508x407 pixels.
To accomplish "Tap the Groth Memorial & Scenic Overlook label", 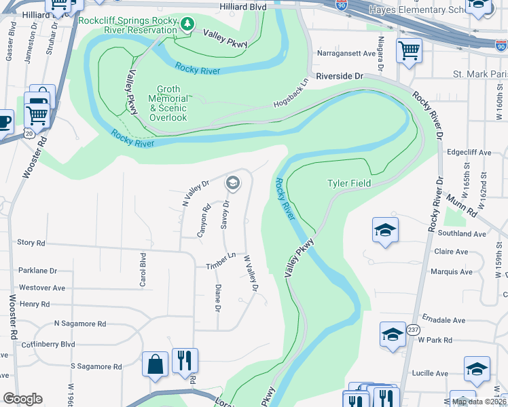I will [168, 103].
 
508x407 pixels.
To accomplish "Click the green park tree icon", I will [187, 24].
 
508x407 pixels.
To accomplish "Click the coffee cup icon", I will [4, 121].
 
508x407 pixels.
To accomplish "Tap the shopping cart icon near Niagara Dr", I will [409, 50].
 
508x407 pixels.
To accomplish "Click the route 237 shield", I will [413, 330].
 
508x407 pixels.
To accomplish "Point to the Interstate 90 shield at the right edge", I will [501, 45].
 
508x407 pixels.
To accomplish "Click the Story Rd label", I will [31, 242].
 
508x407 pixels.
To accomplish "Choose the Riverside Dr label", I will [340, 77].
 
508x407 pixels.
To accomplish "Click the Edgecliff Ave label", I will [469, 153].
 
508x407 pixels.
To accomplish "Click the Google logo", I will [22, 399].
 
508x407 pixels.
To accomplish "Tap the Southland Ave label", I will [462, 233].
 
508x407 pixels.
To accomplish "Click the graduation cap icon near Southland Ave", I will [384, 231].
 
